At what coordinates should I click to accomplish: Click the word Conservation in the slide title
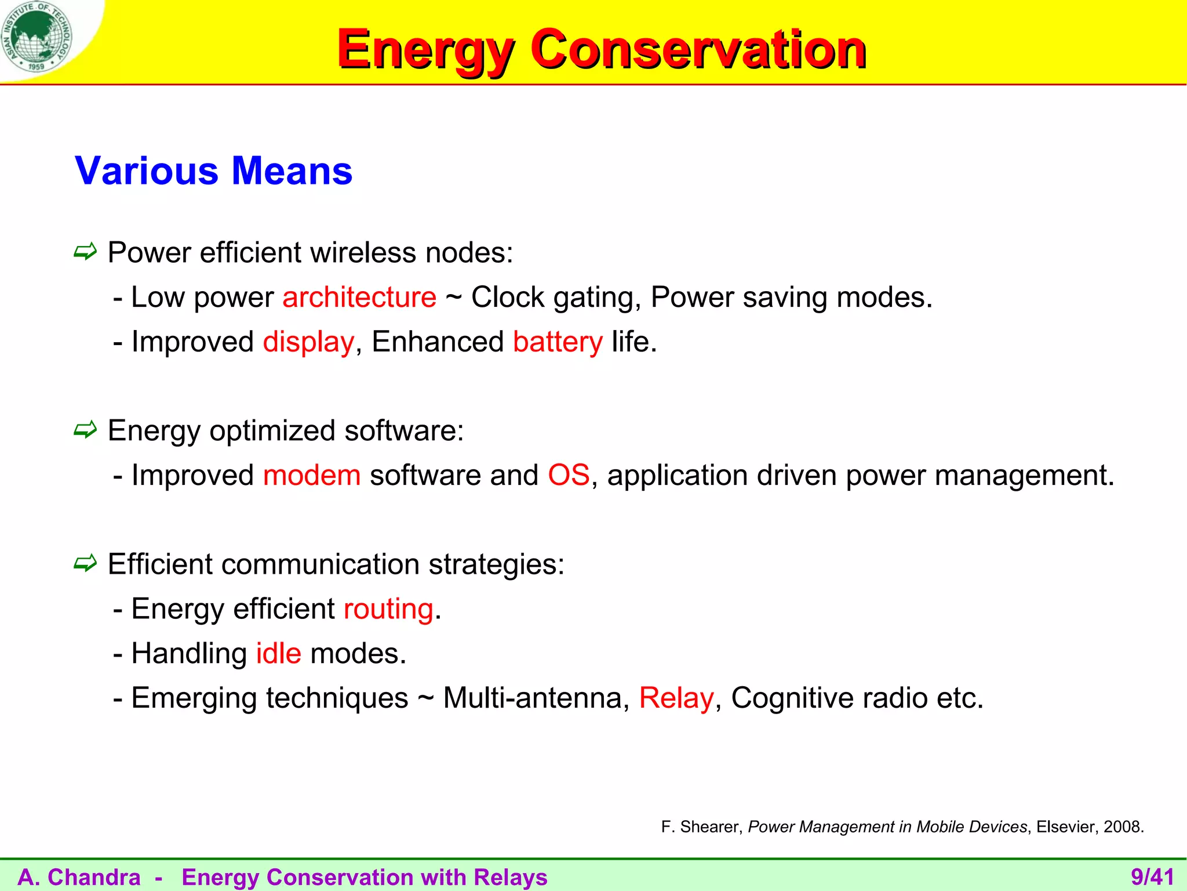698,50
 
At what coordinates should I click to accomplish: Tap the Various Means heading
213,171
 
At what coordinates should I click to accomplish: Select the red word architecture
359,298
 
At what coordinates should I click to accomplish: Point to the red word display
308,342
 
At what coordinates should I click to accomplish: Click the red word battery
558,342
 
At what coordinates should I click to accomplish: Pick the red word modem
312,476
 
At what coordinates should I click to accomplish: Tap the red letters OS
569,476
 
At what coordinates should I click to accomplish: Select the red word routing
388,610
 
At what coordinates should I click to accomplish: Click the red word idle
279,654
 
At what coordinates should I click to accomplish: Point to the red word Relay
676,698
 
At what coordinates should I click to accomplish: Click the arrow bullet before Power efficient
85,252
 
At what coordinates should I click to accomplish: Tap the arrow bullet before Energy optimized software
85,430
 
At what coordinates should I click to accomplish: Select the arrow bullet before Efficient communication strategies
85,563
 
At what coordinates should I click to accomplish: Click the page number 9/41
1152,877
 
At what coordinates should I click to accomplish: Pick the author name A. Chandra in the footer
79,877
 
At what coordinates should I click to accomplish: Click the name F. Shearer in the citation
701,827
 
